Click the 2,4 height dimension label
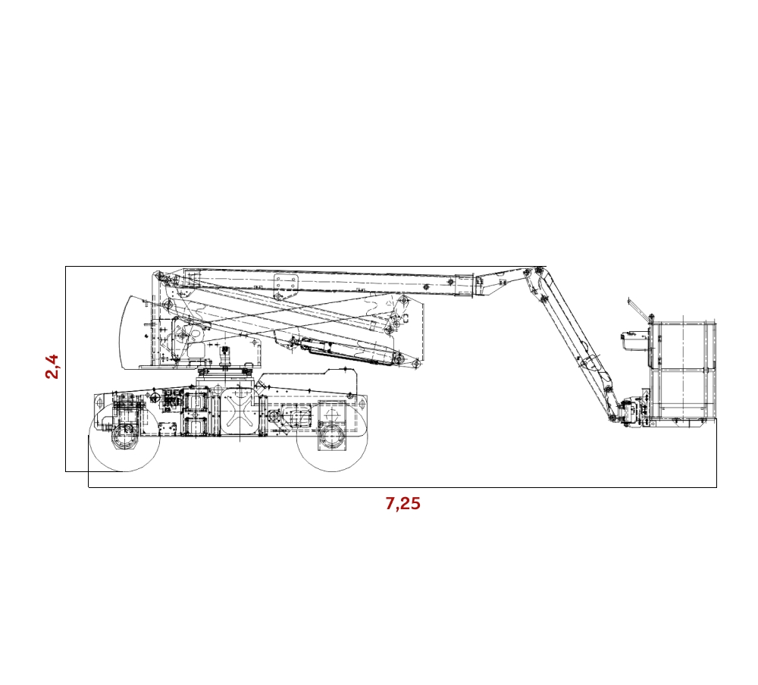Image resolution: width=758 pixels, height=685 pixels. tap(52, 367)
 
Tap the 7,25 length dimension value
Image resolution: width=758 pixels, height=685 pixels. tap(402, 504)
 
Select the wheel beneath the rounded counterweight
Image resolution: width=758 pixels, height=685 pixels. tap(125, 436)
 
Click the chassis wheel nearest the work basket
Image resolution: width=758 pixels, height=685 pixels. tap(332, 436)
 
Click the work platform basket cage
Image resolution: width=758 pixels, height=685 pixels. tap(683, 371)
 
